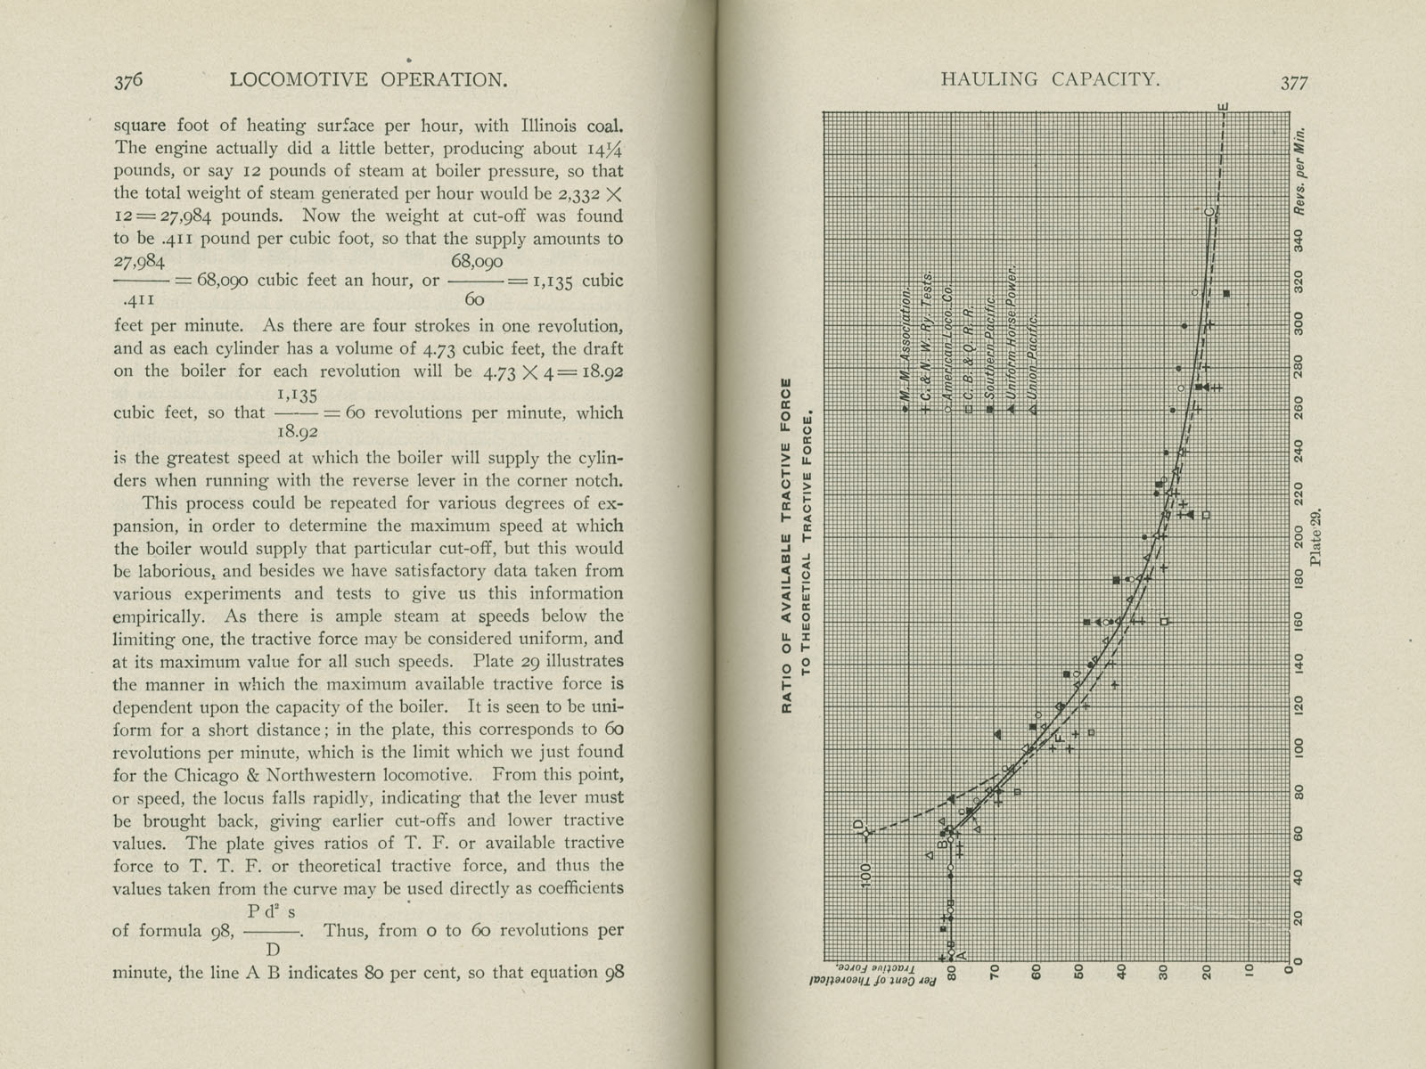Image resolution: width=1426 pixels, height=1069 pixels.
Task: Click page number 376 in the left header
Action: pyautogui.click(x=128, y=80)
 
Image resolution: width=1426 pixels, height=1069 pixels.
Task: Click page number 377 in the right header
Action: pyautogui.click(x=1294, y=83)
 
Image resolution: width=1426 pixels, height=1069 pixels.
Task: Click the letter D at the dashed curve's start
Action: pyautogui.click(x=860, y=824)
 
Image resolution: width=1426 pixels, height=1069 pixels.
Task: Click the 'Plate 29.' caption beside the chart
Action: pyautogui.click(x=1318, y=534)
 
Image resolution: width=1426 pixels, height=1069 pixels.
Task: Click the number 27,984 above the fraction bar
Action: pyautogui.click(x=139, y=261)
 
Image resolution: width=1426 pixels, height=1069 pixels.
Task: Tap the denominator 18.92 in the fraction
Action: pyautogui.click(x=298, y=432)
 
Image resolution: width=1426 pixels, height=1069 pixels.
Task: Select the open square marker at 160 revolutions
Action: pyautogui.click(x=1164, y=622)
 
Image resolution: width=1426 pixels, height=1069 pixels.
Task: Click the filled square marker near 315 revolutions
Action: pyautogui.click(x=1227, y=293)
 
